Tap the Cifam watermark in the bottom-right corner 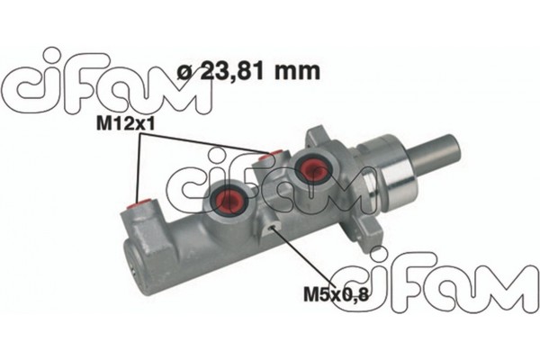click(423, 280)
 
